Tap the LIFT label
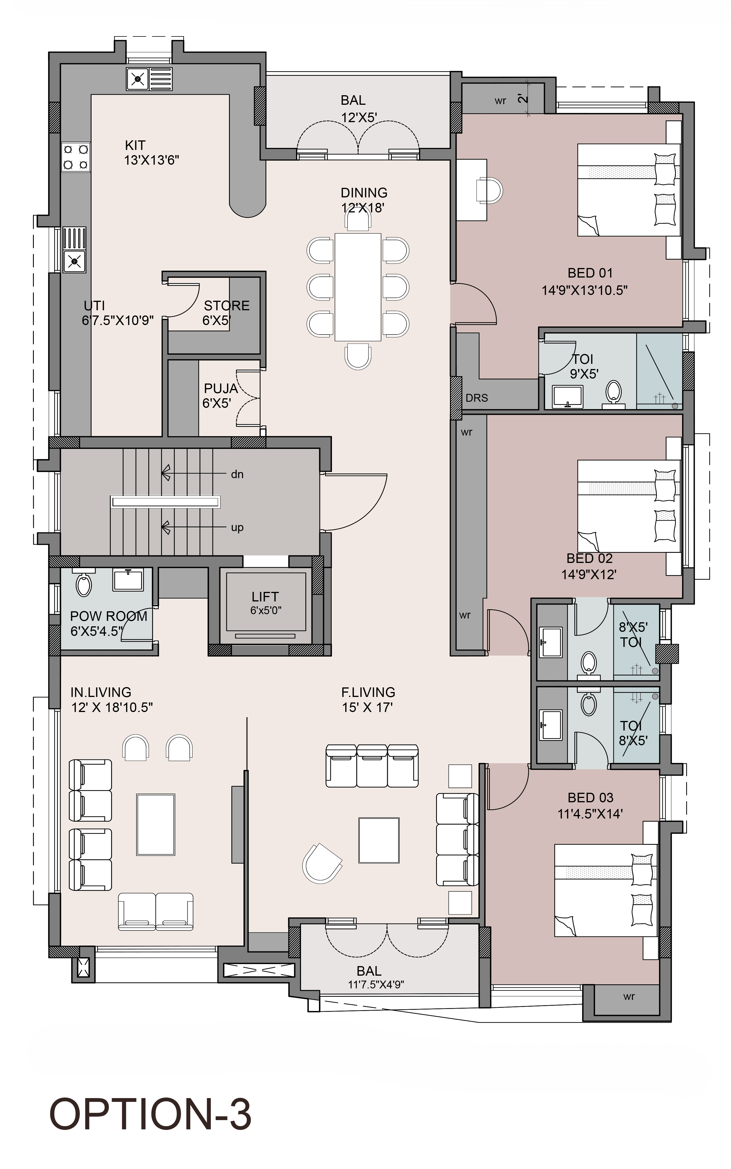[x=265, y=597]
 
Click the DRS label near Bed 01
[x=477, y=398]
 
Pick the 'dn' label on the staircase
[x=237, y=474]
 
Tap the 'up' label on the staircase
[x=237, y=527]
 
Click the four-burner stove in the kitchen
[x=76, y=157]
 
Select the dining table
[x=358, y=287]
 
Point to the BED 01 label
[x=590, y=273]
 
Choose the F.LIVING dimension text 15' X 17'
[x=368, y=707]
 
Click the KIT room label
[x=135, y=145]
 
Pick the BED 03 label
[x=590, y=797]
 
